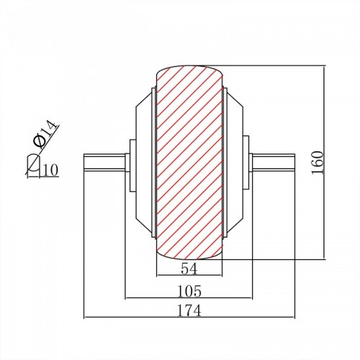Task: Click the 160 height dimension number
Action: [318, 163]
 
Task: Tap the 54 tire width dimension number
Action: [189, 269]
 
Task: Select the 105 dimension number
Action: [189, 291]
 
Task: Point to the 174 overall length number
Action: [189, 310]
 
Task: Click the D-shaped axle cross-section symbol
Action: [33, 163]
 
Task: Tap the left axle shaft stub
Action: [104, 163]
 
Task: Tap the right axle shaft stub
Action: [274, 163]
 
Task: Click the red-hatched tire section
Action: [189, 163]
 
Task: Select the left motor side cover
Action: [143, 163]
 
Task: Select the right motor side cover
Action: [235, 163]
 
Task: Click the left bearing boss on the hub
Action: [132, 166]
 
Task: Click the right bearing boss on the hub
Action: [246, 163]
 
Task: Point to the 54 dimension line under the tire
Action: [189, 275]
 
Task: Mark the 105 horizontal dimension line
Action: [189, 298]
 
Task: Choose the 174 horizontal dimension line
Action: [189, 318]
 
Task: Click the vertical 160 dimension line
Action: [324, 162]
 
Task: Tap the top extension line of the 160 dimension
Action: [264, 66]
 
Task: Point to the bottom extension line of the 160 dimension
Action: [273, 259]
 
